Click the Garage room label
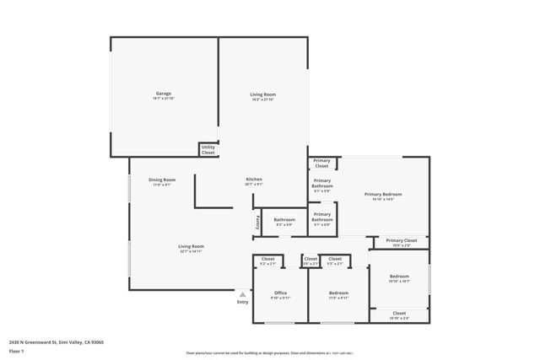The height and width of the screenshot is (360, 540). [163, 94]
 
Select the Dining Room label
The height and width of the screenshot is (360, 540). [162, 180]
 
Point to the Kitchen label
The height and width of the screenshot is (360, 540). [254, 180]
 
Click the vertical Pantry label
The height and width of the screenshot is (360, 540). [256, 223]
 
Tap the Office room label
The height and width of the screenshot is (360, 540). [280, 293]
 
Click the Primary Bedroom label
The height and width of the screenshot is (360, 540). [383, 194]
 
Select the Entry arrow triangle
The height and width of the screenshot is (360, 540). [243, 294]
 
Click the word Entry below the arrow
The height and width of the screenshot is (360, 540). [243, 302]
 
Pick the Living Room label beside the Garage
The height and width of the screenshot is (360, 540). [262, 94]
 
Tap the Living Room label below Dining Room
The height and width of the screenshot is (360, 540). [192, 246]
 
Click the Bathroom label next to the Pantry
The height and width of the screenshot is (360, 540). [284, 220]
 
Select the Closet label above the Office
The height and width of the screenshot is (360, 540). [267, 259]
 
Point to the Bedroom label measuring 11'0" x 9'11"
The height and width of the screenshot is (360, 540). [338, 293]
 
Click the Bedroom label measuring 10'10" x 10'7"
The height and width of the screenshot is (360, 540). [399, 277]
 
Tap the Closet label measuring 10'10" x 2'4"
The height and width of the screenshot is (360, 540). [399, 313]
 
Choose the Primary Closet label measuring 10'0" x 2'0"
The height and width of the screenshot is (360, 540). [402, 240]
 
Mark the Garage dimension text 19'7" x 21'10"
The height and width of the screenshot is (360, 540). [163, 99]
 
